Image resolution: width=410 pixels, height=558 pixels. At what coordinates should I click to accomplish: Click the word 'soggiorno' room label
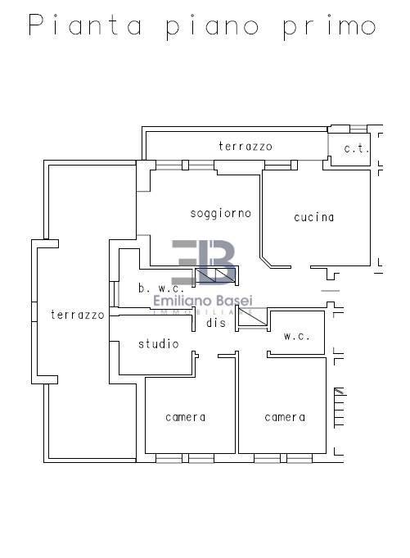[x=221, y=214]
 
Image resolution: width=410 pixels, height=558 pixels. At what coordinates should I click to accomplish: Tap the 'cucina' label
[x=314, y=217]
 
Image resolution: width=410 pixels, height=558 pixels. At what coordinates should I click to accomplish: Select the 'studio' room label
[x=159, y=343]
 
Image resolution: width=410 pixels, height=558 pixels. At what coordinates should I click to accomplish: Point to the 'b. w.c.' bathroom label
[x=161, y=288]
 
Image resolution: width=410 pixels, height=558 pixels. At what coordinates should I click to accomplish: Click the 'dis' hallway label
[x=216, y=322]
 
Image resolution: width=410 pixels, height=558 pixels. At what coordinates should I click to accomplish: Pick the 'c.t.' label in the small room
[x=356, y=149]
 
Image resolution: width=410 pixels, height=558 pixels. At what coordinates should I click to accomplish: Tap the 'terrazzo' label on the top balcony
[x=246, y=147]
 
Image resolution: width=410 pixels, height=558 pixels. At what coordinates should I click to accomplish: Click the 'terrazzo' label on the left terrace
[x=78, y=315]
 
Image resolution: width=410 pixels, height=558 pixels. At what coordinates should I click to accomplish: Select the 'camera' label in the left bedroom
[x=186, y=417]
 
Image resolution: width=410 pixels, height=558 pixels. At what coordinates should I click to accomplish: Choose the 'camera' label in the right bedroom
[x=285, y=417]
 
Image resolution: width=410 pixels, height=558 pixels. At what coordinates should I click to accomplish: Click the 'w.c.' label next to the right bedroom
[x=297, y=336]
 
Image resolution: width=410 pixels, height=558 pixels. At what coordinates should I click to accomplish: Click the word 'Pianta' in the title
[x=85, y=25]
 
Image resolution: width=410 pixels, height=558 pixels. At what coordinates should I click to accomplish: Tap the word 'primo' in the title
[x=329, y=26]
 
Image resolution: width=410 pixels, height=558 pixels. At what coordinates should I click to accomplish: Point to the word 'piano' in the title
[x=212, y=27]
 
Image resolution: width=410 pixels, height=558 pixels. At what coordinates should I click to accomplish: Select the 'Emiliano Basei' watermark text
[x=203, y=301]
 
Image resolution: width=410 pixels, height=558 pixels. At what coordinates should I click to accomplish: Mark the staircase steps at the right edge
[x=340, y=407]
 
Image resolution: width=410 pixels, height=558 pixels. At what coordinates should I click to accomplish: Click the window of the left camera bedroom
[x=185, y=458]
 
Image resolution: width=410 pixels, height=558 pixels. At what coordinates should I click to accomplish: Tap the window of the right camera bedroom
[x=283, y=458]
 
